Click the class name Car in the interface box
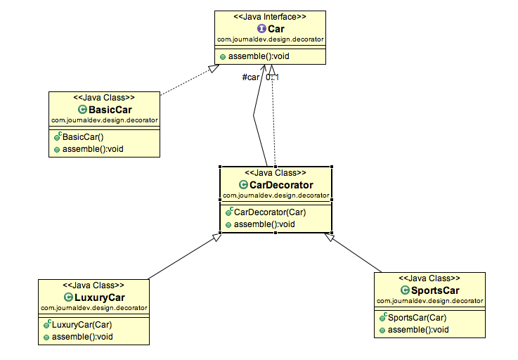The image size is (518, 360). pyautogui.click(x=276, y=29)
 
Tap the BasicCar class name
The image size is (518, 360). pyautogui.click(x=110, y=110)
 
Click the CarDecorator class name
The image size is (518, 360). pyautogui.click(x=280, y=185)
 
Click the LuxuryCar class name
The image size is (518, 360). pyautogui.click(x=99, y=297)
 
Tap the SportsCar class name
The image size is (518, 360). pyautogui.click(x=435, y=290)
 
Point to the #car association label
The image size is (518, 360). pyautogui.click(x=250, y=77)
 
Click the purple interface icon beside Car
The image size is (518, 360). pyautogui.click(x=261, y=29)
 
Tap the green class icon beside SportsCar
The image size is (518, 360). pyautogui.click(x=405, y=290)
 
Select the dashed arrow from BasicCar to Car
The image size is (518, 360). pyautogui.click(x=186, y=80)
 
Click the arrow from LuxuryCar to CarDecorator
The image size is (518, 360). pyautogui.click(x=183, y=257)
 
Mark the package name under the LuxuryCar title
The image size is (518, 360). pyautogui.click(x=93, y=307)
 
